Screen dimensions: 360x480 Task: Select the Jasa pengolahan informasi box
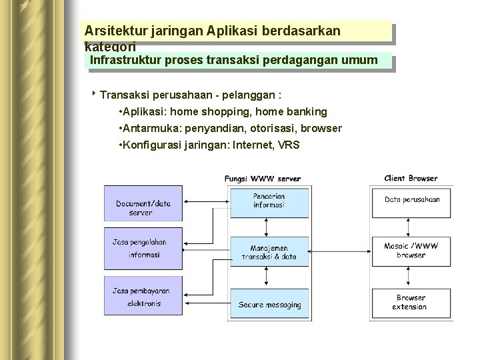coord(143,247)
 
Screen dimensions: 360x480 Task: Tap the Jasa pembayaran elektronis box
coord(143,297)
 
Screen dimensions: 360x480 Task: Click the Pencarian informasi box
coord(269,201)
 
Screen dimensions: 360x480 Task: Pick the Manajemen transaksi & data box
coord(269,251)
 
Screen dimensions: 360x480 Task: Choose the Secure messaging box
coord(269,305)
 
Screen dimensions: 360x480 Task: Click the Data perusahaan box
coord(412,199)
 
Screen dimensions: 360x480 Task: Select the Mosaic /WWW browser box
coord(412,250)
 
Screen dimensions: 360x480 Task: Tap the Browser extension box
coord(412,302)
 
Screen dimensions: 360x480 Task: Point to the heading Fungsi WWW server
coord(263,178)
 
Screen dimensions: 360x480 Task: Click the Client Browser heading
coord(411,178)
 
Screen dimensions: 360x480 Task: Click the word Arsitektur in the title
coord(110,31)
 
